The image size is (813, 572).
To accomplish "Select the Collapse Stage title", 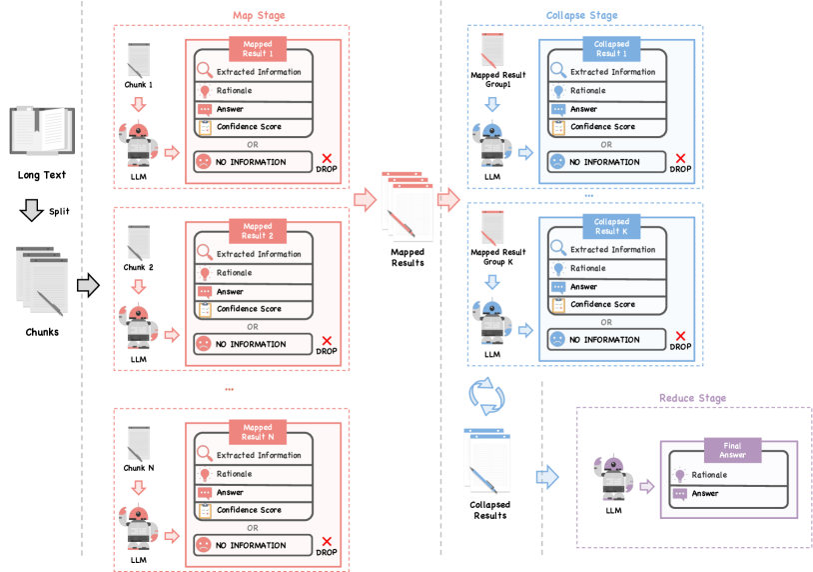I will click(581, 15).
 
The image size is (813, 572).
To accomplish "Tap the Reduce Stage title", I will click(692, 398).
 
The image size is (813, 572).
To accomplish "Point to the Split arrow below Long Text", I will click(33, 210).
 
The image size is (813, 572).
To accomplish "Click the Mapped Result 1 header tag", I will click(258, 48).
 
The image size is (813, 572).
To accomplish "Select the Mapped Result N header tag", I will click(258, 432).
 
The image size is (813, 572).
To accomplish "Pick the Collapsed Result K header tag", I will click(610, 226).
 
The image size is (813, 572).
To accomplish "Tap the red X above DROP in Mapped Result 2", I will click(326, 339).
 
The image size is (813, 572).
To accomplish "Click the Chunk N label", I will click(139, 469).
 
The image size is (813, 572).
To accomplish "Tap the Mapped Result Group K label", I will click(497, 257).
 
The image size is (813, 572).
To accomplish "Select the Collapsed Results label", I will click(488, 509).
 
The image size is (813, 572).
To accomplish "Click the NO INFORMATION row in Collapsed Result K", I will click(605, 340).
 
